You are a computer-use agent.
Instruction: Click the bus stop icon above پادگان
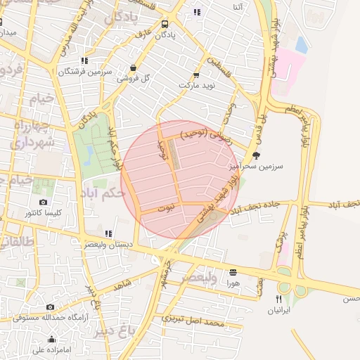[165, 23]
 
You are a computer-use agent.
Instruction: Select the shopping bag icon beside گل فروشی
[133, 68]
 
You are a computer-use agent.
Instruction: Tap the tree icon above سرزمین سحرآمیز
[255, 155]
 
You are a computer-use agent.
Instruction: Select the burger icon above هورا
[233, 272]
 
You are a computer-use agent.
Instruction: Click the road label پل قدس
[261, 124]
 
